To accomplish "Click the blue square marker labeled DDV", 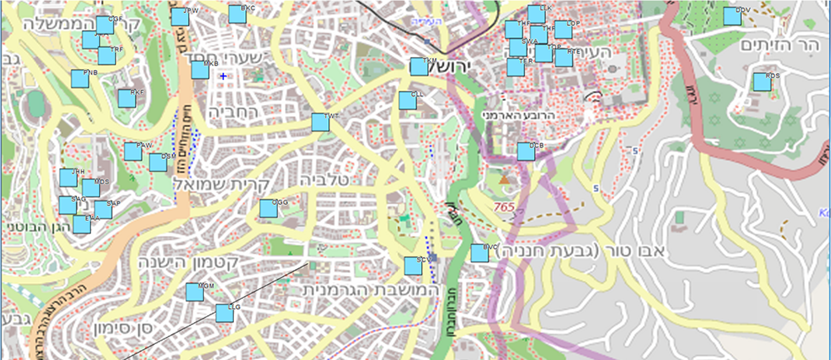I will point(732,17).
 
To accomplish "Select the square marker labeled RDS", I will point(762,82).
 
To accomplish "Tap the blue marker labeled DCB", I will point(526,151).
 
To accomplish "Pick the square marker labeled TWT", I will point(320,122).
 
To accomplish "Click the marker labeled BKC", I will point(237,15).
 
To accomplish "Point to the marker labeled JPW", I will point(179,17).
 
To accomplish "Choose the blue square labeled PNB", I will point(80,79).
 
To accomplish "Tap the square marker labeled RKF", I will point(127,99).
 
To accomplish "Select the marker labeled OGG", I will point(268,209).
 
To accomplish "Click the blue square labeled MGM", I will point(194,292).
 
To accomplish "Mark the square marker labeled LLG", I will point(224,313).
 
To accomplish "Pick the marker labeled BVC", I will point(479,253).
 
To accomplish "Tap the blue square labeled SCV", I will point(413,266).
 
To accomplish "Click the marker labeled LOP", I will point(563,30).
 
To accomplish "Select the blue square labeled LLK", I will point(536,14).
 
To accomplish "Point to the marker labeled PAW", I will point(133,151).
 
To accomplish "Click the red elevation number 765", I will point(504,207).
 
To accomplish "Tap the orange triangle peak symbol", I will point(504,179).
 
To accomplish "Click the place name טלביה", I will point(324,180).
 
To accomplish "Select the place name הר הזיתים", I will point(779,46).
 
